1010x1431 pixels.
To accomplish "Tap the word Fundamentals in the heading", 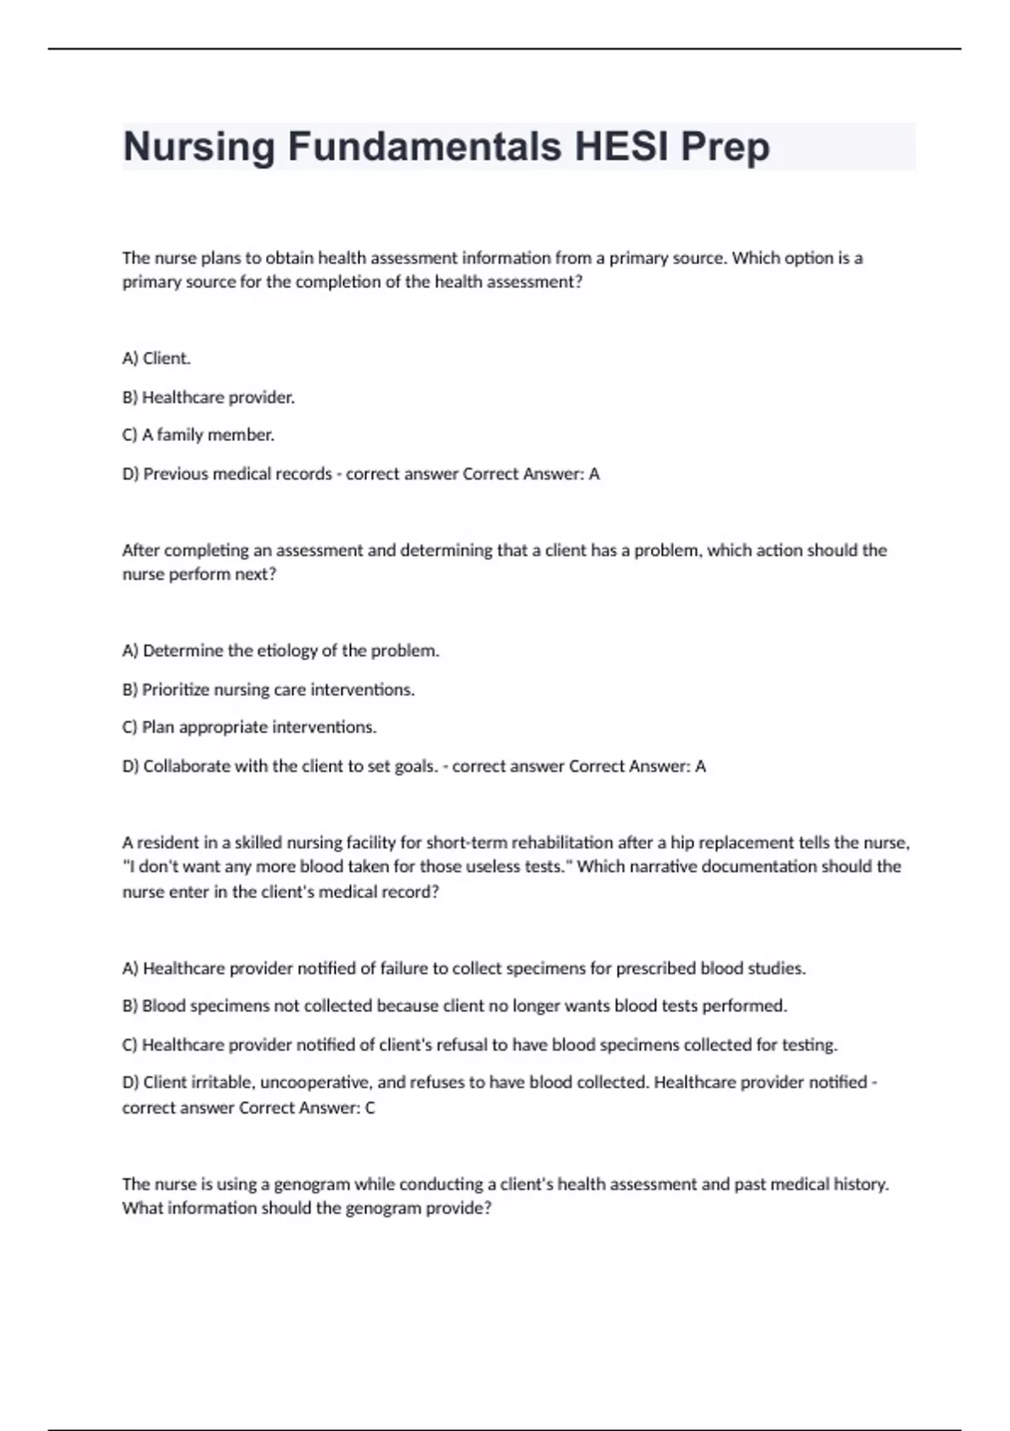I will point(424,146).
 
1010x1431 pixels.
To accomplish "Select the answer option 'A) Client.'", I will point(157,359).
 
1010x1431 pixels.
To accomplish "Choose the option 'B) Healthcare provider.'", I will point(209,397).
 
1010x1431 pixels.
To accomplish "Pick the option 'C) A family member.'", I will point(199,435).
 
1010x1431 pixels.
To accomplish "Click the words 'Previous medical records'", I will point(237,474).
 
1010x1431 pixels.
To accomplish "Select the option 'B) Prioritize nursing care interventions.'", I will point(268,689).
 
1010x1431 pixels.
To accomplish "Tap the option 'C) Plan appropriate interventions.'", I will point(249,727).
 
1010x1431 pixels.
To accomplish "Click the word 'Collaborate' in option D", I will point(186,766).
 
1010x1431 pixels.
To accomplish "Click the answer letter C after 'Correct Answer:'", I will point(369,1108).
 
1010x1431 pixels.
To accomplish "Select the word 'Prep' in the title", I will point(725,146).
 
